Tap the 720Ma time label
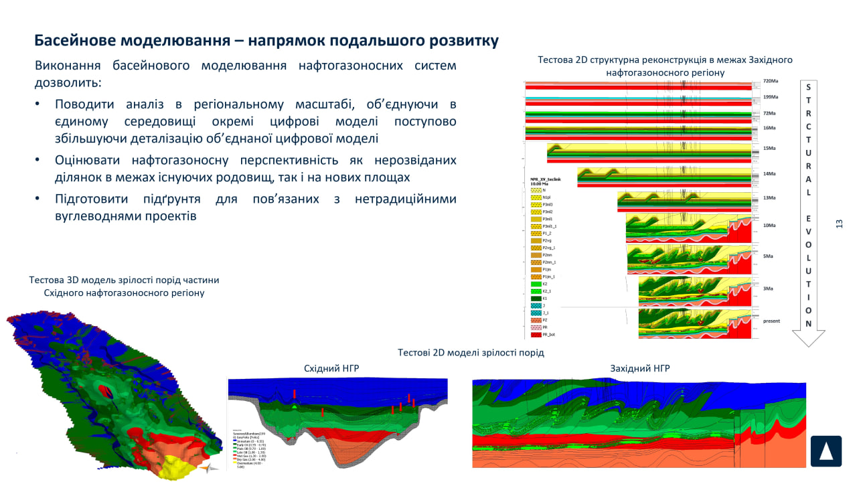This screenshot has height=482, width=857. [x=770, y=81]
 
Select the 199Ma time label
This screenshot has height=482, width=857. [x=770, y=97]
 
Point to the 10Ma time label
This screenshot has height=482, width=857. [x=770, y=226]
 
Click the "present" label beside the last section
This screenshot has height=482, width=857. [x=771, y=321]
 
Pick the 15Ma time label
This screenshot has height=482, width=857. [x=769, y=148]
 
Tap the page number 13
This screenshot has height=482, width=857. [x=839, y=224]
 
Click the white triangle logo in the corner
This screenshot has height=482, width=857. [x=826, y=451]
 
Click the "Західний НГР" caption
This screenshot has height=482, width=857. [x=640, y=368]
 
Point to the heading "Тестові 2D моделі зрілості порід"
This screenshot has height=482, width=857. [x=471, y=352]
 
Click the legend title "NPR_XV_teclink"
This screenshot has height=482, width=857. [x=544, y=180]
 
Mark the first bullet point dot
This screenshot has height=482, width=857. [x=38, y=104]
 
